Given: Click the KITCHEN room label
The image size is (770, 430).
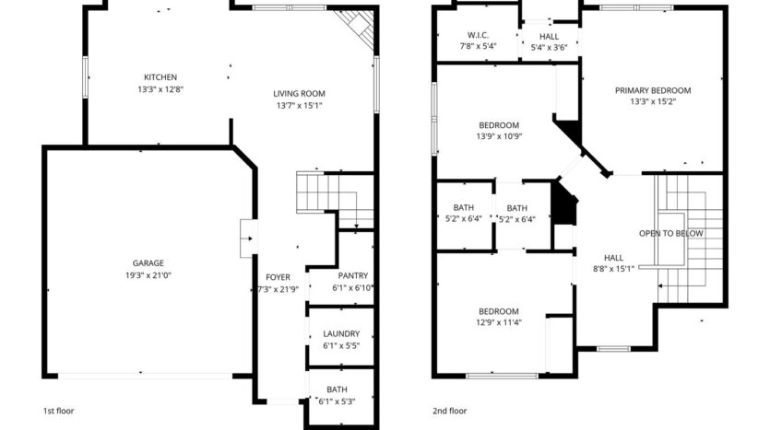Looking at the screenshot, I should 160,77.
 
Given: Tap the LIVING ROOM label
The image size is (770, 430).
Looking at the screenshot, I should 299,93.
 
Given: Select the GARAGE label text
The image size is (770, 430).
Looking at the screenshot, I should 142,262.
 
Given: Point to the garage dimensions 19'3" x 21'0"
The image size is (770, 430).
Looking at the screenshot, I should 142,275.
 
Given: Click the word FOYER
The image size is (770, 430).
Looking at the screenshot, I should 278,277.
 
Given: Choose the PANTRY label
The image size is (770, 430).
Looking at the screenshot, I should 352,276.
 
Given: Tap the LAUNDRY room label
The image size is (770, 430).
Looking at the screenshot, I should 340,335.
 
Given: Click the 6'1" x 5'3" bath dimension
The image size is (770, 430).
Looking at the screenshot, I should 336,401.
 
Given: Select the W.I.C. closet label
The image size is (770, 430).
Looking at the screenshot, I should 478,34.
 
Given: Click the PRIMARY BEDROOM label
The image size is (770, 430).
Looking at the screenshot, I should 653,90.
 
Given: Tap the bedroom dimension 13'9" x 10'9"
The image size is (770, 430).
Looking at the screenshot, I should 499,137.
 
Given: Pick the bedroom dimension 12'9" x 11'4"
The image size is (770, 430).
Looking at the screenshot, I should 499,322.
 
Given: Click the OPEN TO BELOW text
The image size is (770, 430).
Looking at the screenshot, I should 671,234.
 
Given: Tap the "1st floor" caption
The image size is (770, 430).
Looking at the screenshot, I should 61,411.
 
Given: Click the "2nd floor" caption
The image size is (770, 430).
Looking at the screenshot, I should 450,411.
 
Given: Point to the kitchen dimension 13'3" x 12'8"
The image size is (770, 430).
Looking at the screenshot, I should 160,90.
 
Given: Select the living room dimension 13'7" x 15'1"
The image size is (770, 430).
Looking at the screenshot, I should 299,106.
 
